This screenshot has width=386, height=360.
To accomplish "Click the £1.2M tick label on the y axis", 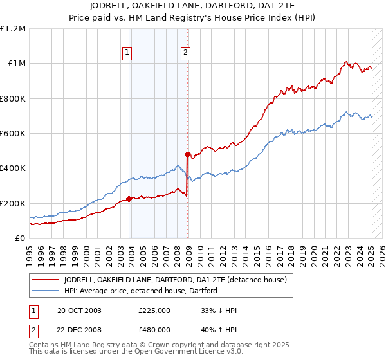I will [13, 28].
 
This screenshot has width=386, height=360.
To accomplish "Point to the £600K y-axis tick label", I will [13, 133].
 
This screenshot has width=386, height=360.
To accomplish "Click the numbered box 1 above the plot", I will [127, 53].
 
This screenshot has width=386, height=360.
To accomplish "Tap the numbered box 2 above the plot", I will [185, 53].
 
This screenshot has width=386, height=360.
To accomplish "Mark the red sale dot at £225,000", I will [129, 199].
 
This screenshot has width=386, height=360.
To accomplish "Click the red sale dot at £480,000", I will [188, 154].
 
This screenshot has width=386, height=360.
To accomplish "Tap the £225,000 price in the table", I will [154, 310].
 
